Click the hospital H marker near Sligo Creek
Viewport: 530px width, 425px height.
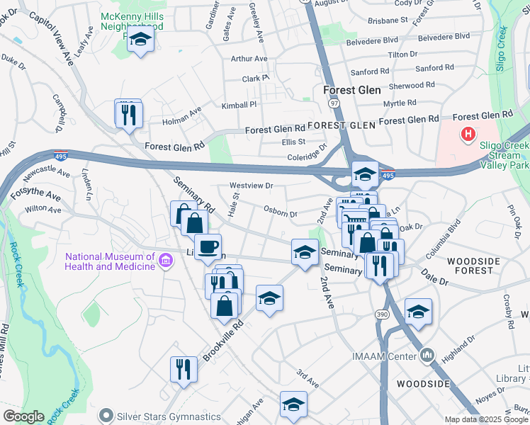click(x=468, y=133)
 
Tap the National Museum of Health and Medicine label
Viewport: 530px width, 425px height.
click(x=109, y=261)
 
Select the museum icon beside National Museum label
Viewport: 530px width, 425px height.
click(x=166, y=261)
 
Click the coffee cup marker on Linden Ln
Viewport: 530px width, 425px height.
click(x=208, y=247)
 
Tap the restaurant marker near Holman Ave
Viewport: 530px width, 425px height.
click(x=129, y=115)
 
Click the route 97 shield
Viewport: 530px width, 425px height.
click(x=333, y=103)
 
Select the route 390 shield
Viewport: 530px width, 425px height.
click(x=381, y=314)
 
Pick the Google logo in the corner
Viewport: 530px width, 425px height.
click(x=24, y=416)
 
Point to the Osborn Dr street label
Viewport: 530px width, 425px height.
click(x=279, y=212)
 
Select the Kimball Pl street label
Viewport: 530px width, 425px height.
click(x=238, y=105)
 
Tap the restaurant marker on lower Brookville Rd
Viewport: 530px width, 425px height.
click(x=184, y=369)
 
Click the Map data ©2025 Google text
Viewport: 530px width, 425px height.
click(x=486, y=419)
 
